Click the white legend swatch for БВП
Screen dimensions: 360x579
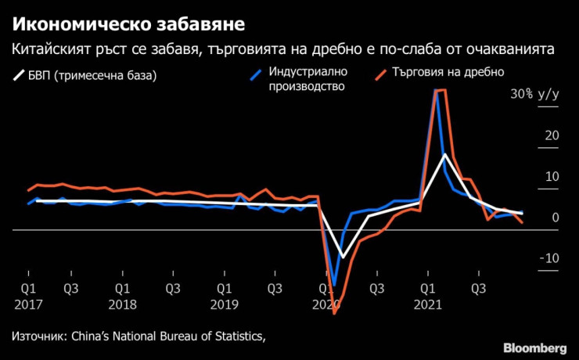point(18,77)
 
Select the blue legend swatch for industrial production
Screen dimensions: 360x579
point(255,77)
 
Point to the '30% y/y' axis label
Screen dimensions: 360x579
point(535,95)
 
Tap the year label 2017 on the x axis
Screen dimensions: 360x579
point(27,302)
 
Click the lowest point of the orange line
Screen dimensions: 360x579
point(334,314)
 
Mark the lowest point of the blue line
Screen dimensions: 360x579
point(333,286)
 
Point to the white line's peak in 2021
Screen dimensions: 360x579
point(444,154)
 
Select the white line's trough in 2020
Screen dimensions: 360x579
point(342,257)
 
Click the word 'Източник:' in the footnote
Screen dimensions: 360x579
point(39,337)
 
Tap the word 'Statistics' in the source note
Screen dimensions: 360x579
point(232,337)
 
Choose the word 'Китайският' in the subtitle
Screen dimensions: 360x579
point(49,50)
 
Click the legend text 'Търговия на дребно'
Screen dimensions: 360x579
point(448,72)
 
